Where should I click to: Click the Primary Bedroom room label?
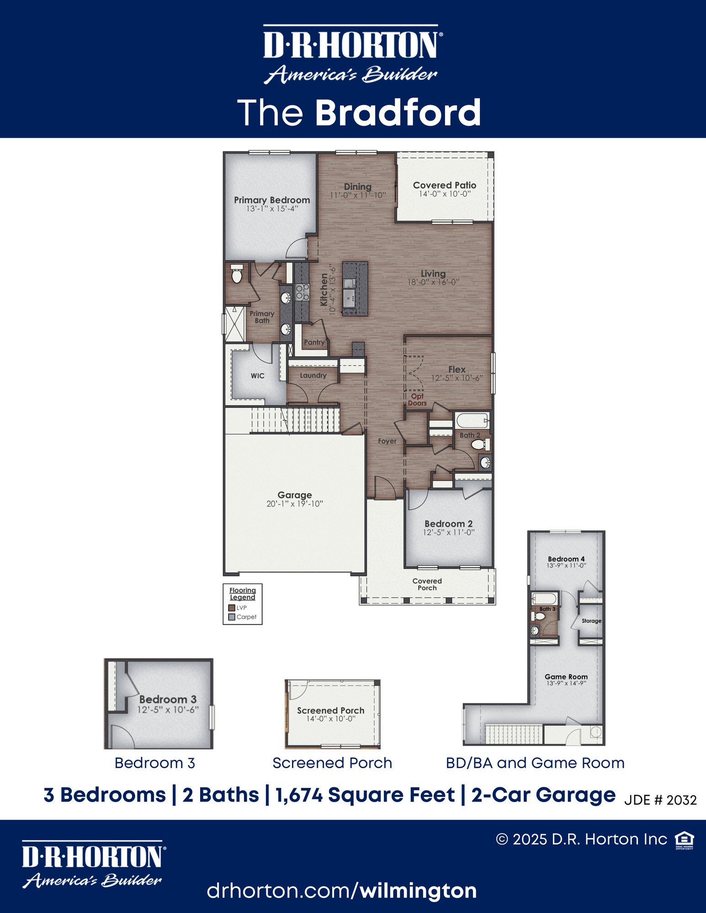[x=272, y=200]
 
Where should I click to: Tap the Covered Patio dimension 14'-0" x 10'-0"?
[x=445, y=194]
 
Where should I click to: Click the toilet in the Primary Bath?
[x=237, y=274]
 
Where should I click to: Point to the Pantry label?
[x=314, y=342]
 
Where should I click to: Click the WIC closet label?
[x=257, y=376]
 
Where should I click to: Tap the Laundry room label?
[x=313, y=375]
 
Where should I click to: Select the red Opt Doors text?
[x=417, y=400]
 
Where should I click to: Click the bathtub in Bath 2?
[x=472, y=420]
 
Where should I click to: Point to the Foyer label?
[x=387, y=441]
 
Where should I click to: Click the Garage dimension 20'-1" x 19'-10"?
[x=295, y=504]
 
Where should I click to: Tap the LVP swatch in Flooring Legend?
[x=232, y=608]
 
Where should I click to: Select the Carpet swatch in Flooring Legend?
[x=232, y=617]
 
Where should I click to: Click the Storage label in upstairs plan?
[x=591, y=621]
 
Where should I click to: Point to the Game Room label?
[x=566, y=677]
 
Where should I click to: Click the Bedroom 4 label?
[x=566, y=559]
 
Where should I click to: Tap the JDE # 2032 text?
[x=660, y=800]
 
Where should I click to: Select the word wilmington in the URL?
[x=418, y=891]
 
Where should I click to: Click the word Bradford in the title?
[x=398, y=113]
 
